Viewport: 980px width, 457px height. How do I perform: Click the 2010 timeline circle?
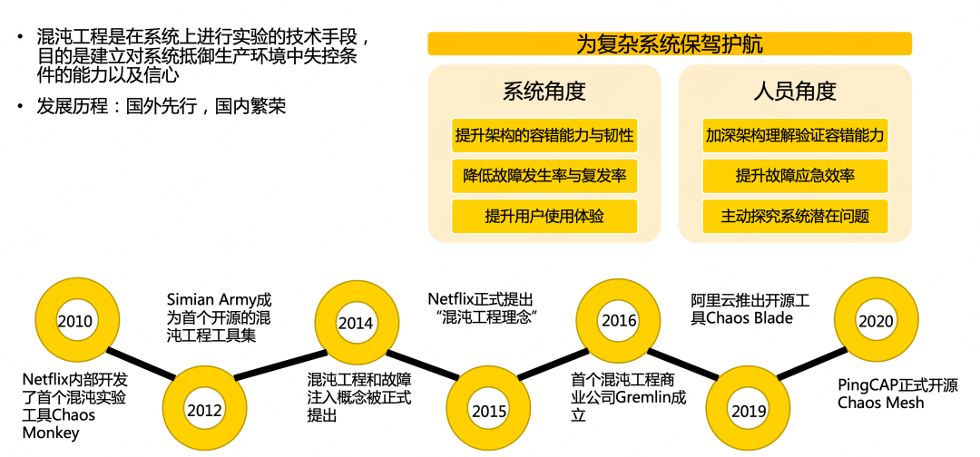click(74, 322)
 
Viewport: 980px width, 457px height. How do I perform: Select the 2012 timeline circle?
click(205, 410)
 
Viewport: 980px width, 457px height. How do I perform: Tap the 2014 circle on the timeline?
click(356, 323)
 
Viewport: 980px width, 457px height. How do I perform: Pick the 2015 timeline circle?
click(489, 410)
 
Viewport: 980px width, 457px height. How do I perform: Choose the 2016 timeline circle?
click(619, 321)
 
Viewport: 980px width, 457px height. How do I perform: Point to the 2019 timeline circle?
click(749, 410)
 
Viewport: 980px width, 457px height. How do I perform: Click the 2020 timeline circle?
click(876, 321)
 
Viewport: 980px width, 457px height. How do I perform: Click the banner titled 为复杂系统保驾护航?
click(670, 44)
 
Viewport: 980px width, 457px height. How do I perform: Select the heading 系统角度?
click(544, 92)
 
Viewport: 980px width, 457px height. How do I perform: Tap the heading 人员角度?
click(795, 92)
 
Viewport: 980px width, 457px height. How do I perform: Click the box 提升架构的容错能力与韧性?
click(544, 136)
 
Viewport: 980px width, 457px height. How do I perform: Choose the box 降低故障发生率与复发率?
click(544, 176)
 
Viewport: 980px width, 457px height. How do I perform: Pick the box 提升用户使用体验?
click(544, 216)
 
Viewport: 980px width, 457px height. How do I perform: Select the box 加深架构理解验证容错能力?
click(795, 136)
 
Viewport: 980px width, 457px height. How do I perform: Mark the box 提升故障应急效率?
click(795, 176)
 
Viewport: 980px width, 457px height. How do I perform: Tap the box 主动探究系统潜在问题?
click(795, 216)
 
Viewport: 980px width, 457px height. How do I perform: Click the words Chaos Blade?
click(750, 317)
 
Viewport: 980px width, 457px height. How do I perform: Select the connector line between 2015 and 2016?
click(554, 365)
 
